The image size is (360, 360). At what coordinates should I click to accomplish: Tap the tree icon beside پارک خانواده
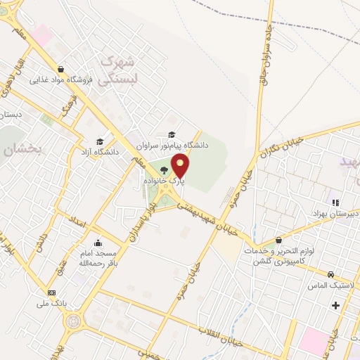(x=165, y=171)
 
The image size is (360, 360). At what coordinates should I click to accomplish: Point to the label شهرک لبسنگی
(x=115, y=71)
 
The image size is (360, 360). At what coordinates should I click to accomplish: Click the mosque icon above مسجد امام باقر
(x=97, y=241)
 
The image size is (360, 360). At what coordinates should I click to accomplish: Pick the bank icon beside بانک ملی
(x=51, y=292)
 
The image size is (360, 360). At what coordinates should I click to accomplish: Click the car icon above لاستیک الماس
(x=330, y=274)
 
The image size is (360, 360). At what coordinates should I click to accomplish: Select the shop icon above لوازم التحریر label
(x=280, y=240)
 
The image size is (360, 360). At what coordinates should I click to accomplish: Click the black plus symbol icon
(x=335, y=305)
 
